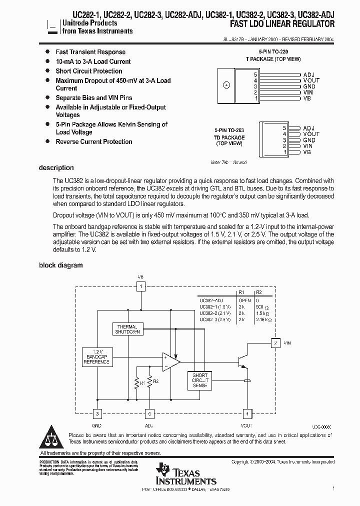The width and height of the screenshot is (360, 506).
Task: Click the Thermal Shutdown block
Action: coord(127,328)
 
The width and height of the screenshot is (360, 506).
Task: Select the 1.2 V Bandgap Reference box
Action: coord(97,357)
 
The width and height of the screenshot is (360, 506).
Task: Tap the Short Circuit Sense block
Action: coord(200,380)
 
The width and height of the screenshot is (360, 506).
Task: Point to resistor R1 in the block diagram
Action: coord(137,382)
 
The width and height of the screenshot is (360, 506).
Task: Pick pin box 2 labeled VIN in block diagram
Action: coord(275,343)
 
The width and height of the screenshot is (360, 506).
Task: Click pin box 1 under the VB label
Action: coord(141,286)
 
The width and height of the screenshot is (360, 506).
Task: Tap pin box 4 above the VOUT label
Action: coord(246,413)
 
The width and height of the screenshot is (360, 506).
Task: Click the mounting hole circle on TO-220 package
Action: coord(226,84)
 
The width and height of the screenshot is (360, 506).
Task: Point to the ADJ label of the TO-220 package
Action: coord(308,74)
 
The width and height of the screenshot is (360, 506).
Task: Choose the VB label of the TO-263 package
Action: coord(307,152)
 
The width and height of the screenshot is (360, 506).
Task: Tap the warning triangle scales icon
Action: coord(52,438)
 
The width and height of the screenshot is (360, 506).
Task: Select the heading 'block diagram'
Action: coord(61,265)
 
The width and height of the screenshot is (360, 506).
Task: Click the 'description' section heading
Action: coord(56,168)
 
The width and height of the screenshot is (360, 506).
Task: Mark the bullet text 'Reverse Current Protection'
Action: coord(93,141)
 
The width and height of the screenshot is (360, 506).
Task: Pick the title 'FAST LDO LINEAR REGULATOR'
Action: coord(283,24)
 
